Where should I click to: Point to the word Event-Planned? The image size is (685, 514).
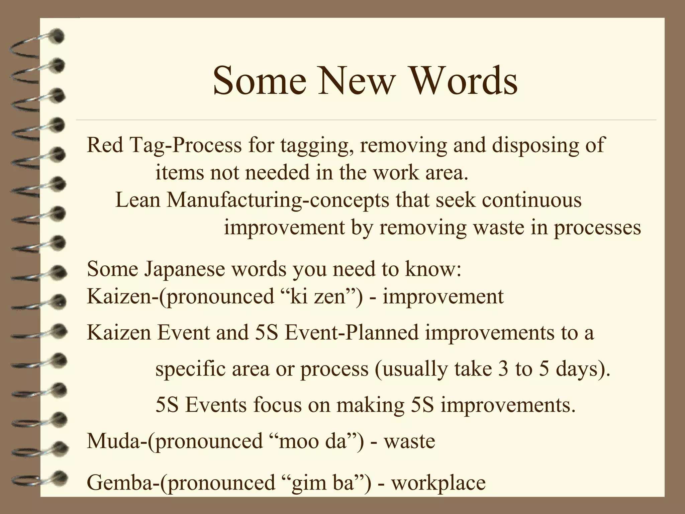352,333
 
